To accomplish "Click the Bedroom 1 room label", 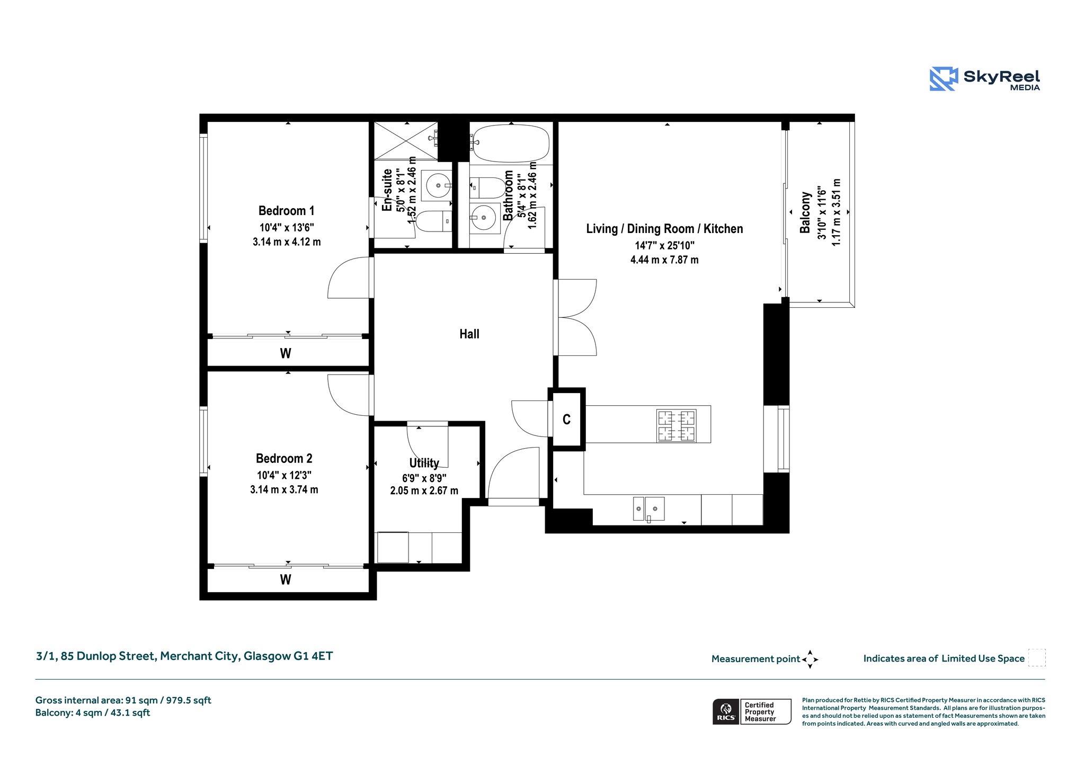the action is pos(286,211).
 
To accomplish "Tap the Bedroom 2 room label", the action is pos(284,458).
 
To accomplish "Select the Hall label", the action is pos(469,334).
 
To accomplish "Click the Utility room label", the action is pos(424,463).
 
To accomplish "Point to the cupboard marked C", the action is pos(566,420).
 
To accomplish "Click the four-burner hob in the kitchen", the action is pos(677,425).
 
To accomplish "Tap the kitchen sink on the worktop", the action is pos(649,509).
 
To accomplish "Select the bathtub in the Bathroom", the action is pos(511,143).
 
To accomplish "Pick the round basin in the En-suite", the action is pos(439,185).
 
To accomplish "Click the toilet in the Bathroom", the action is pos(488,188).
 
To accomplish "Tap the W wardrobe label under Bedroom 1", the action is pos(286,353).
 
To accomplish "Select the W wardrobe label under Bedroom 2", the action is pos(286,579).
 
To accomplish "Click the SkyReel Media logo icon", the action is pos(944,79).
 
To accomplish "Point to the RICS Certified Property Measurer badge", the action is pos(752,711).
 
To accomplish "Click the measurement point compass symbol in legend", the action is pos(810,659).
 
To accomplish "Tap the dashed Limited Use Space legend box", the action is pos(1037,657).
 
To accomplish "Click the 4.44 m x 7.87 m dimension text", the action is pos(664,260).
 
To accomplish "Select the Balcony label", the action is pos(805,212).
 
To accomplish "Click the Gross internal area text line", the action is pos(123,700).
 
